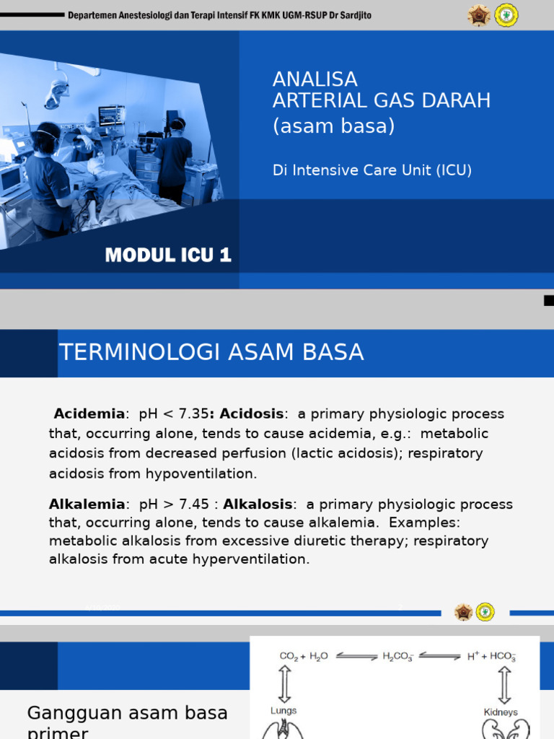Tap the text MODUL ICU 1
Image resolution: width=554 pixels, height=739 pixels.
pos(168,255)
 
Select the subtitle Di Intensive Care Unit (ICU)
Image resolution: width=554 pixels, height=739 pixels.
pos(371,170)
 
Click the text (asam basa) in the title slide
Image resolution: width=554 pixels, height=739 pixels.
pos(333,126)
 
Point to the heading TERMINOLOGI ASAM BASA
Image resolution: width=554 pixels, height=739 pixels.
pos(211,352)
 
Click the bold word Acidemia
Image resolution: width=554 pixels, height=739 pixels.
pos(89,414)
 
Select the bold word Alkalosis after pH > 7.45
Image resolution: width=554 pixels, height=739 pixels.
pos(258,504)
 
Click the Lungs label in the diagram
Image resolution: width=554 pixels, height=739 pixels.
pos(283,711)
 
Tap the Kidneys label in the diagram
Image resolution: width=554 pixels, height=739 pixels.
pos(501,712)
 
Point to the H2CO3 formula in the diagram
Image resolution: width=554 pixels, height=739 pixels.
pos(397,657)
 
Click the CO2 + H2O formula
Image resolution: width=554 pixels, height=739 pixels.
pos(304,657)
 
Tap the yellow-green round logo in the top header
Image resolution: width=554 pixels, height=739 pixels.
pos(506,15)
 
